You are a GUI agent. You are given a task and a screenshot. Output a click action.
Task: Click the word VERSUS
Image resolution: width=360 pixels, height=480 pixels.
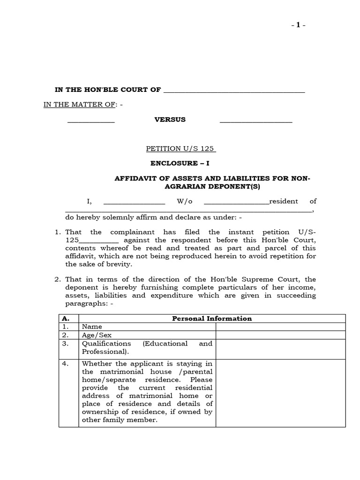170,120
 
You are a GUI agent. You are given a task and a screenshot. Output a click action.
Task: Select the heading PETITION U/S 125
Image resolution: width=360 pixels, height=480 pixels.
180,149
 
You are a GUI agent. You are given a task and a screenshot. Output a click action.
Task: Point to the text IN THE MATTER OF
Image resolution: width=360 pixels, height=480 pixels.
79,105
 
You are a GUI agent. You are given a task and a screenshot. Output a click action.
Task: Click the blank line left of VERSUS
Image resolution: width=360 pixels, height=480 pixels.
91,121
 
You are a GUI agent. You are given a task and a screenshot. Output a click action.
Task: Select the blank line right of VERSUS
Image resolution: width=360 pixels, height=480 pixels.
256,121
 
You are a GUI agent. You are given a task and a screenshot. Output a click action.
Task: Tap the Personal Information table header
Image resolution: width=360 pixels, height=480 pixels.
212,319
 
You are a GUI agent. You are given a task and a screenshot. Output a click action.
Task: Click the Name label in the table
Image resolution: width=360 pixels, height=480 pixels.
92,327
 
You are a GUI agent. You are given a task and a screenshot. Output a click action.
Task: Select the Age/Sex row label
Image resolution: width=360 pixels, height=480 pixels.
97,335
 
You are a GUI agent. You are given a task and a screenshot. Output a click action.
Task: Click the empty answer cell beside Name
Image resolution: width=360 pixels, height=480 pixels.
280,327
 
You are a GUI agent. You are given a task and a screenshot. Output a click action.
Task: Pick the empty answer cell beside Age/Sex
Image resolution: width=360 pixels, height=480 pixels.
280,335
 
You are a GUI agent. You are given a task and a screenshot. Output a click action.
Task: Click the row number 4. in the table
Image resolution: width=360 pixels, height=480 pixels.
66,363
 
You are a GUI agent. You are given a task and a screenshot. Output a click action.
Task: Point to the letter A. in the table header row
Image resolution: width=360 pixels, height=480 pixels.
66,319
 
